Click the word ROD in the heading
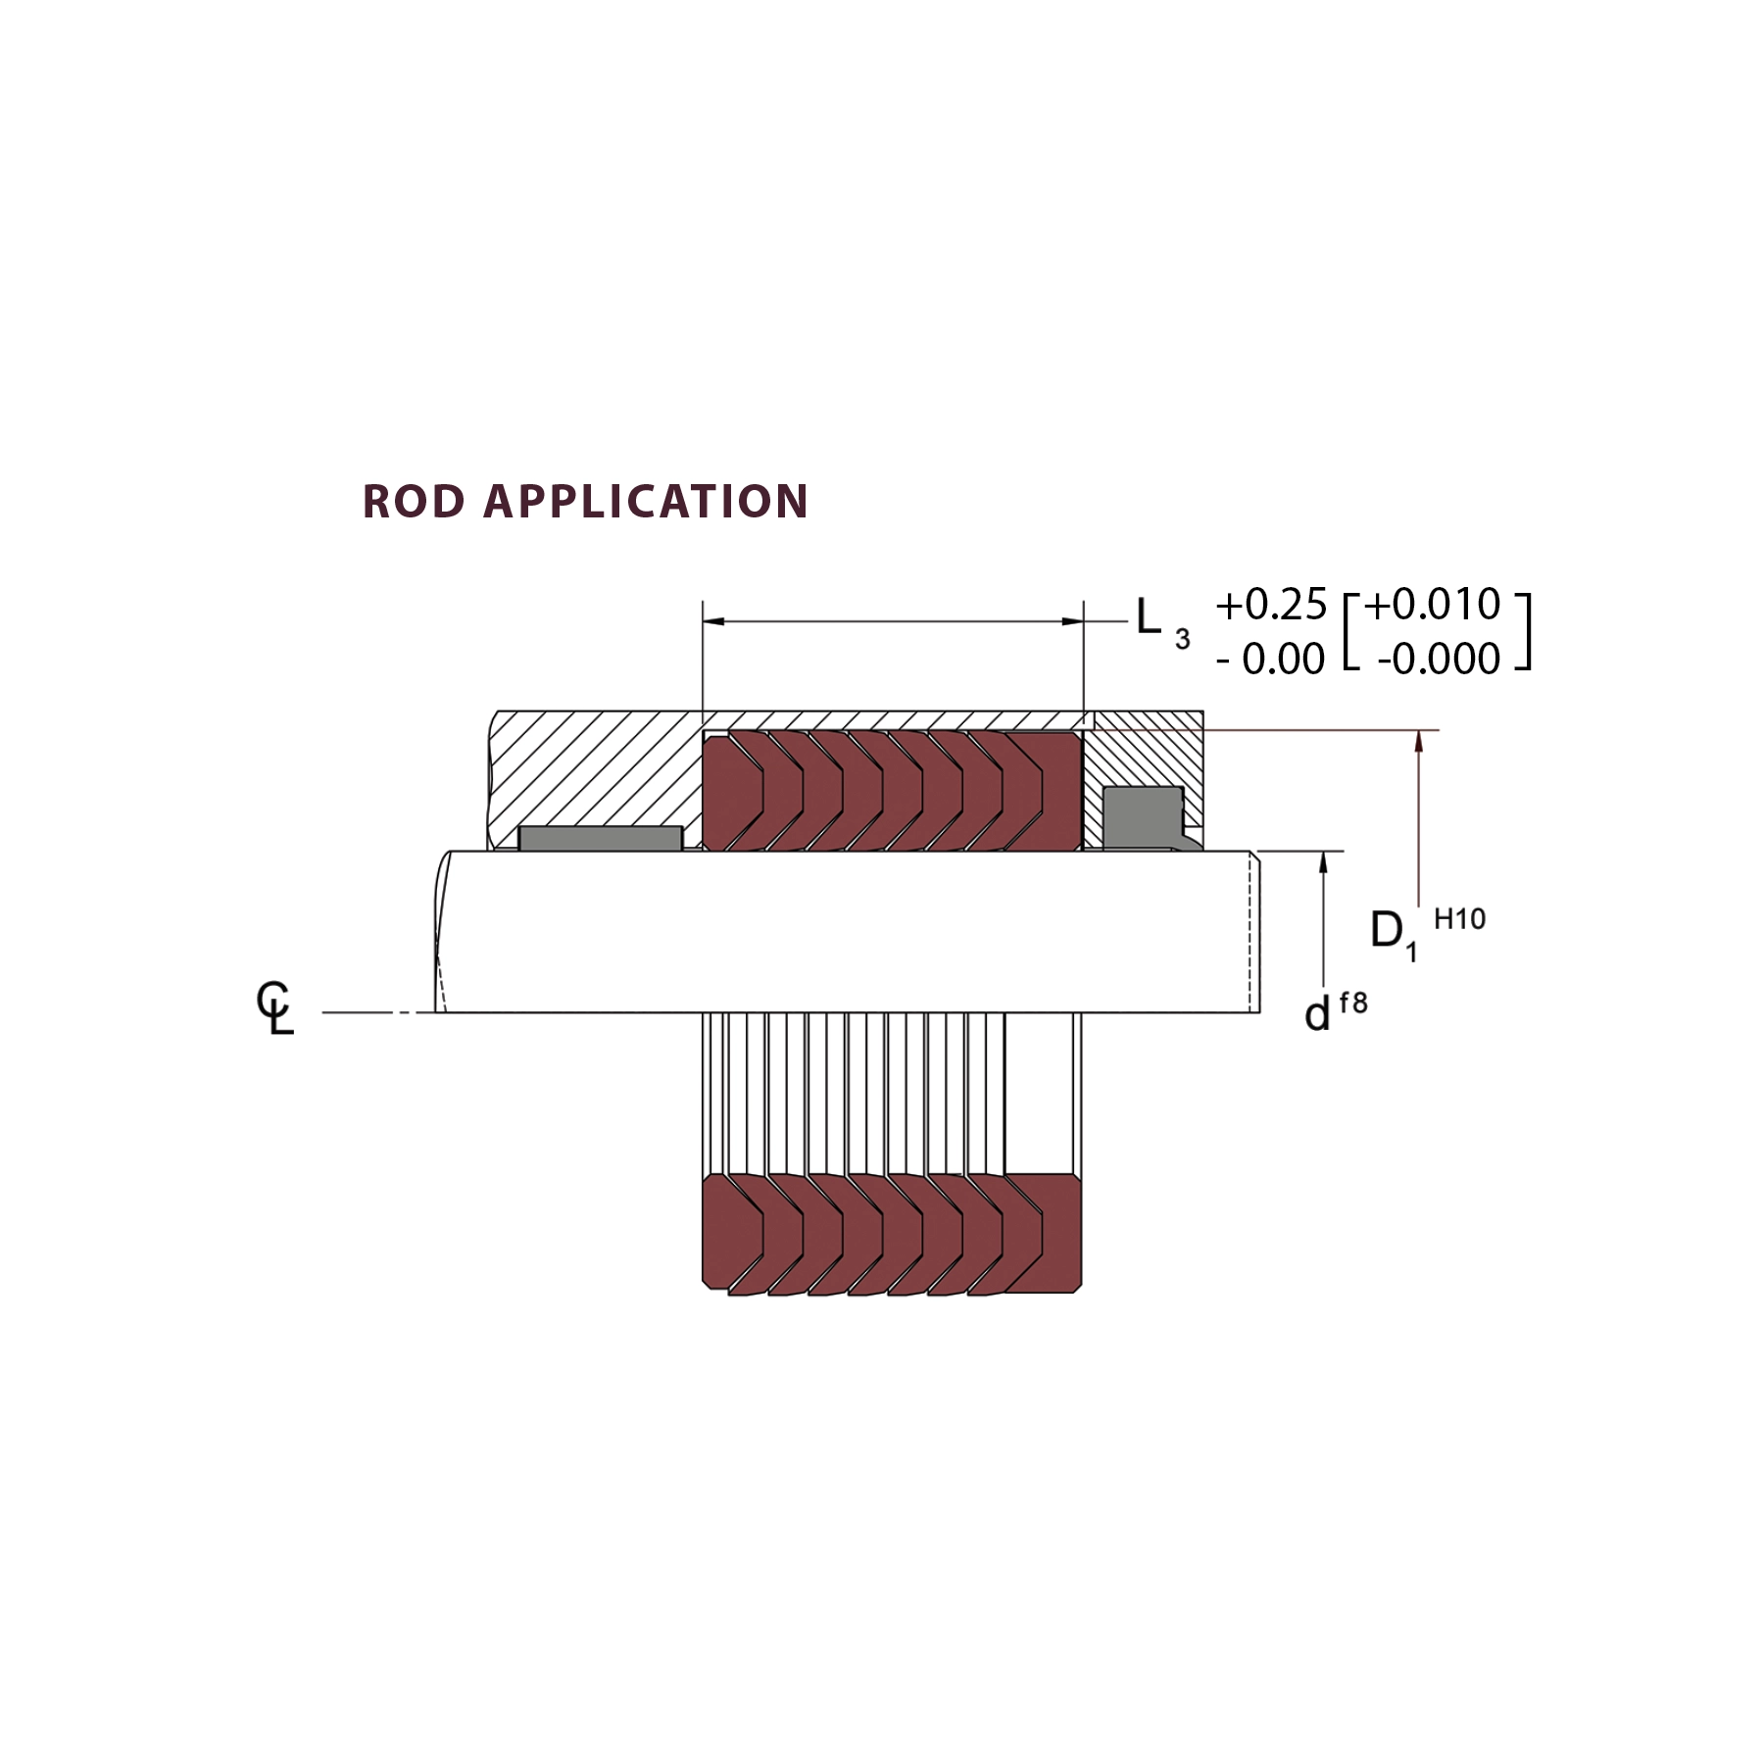point(414,502)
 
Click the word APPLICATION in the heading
point(646,502)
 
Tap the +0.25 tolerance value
point(1271,606)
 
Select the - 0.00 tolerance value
point(1271,659)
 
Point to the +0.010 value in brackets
point(1432,604)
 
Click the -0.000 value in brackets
point(1438,659)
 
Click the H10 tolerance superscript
point(1459,919)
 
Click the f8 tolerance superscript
point(1352,1004)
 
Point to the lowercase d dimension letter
point(1317,1014)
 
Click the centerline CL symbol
point(275,1008)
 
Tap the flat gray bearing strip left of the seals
point(600,839)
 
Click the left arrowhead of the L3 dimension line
point(713,621)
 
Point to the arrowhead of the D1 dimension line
point(1418,741)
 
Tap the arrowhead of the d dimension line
point(1324,861)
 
